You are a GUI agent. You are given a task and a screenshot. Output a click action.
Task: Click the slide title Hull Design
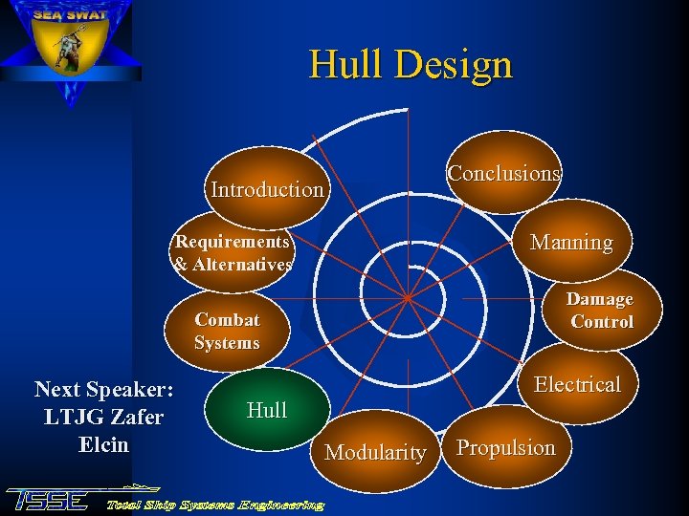(411, 65)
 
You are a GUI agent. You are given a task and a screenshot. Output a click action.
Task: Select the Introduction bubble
(267, 189)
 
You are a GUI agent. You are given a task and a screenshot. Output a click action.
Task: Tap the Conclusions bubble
(504, 174)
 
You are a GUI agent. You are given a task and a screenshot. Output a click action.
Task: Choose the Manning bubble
(571, 243)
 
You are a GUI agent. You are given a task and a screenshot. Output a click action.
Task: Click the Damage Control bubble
(601, 311)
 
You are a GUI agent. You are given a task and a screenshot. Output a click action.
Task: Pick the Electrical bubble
(577, 384)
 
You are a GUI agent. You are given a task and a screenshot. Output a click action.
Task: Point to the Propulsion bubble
(505, 447)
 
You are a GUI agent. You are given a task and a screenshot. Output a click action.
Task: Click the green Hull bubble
(267, 410)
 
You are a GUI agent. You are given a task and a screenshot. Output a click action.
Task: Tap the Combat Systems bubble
(227, 332)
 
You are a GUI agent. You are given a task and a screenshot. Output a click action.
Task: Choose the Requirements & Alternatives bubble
(233, 253)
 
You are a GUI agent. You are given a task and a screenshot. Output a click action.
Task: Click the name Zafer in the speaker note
(133, 418)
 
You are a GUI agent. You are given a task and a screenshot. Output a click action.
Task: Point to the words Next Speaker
(103, 390)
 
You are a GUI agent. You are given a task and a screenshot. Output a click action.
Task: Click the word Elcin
(103, 444)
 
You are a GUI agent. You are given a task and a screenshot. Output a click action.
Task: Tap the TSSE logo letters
(48, 500)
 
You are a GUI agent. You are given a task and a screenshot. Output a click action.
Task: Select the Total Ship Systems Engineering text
(215, 504)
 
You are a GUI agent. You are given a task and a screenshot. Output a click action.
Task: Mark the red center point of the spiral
(407, 297)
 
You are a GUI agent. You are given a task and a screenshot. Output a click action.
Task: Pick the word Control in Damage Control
(602, 322)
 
